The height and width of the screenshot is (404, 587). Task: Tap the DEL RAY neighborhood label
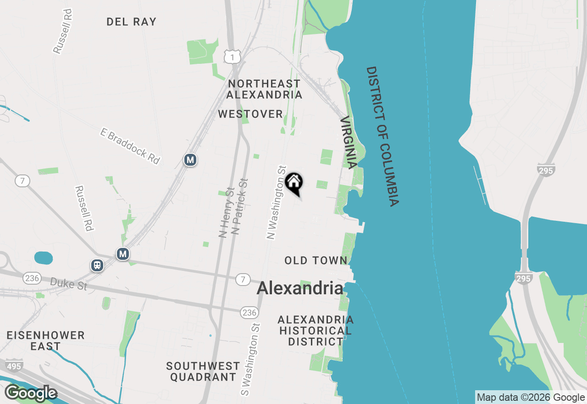pyautogui.click(x=131, y=22)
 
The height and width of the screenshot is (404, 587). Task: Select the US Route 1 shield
pyautogui.click(x=233, y=56)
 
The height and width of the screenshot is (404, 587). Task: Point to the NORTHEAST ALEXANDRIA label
pyautogui.click(x=264, y=89)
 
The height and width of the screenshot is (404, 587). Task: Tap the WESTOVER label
pyautogui.click(x=250, y=114)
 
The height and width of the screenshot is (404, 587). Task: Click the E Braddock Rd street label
pyautogui.click(x=130, y=146)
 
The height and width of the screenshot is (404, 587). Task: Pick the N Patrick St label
pyautogui.click(x=239, y=206)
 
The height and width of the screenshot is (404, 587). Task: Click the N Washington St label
pyautogui.click(x=277, y=202)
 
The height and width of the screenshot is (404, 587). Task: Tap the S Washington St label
pyautogui.click(x=250, y=359)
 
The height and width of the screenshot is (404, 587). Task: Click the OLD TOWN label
pyautogui.click(x=316, y=260)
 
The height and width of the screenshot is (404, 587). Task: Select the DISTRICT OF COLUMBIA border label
pyautogui.click(x=382, y=136)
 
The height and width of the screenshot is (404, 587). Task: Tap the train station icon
pyautogui.click(x=97, y=265)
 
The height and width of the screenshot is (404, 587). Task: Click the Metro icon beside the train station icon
pyautogui.click(x=122, y=254)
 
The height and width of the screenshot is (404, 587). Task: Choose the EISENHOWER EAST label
pyautogui.click(x=45, y=341)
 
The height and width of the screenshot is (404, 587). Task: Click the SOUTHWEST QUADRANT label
pyautogui.click(x=203, y=371)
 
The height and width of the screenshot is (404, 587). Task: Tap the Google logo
pyautogui.click(x=31, y=393)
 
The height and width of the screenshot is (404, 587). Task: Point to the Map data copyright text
pyautogui.click(x=531, y=397)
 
